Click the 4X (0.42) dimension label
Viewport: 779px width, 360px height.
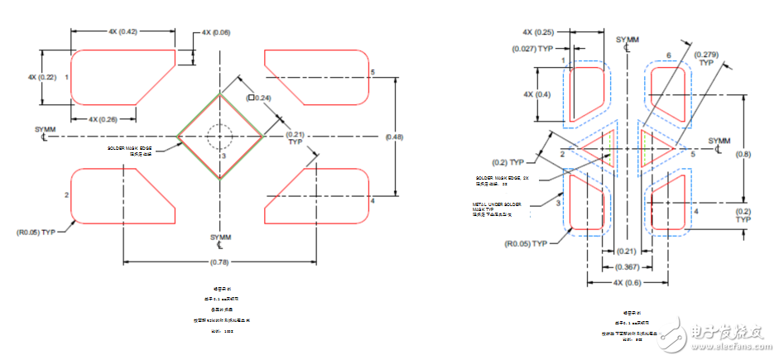pos(123,31)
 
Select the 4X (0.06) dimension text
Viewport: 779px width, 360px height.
pos(216,32)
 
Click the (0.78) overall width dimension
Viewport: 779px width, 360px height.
pos(219,263)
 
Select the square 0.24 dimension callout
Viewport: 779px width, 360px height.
pos(259,98)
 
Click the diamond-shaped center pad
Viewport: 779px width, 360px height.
pos(220,136)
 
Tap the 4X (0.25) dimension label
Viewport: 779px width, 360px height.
pos(538,32)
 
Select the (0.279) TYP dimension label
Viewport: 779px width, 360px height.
pos(706,57)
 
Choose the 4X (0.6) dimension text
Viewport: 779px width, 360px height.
pos(627,283)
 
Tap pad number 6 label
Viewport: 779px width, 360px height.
pos(668,55)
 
